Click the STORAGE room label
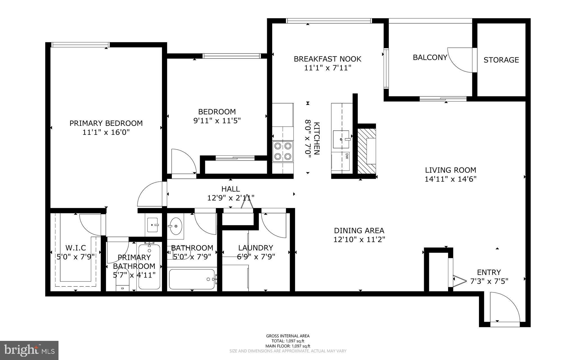tap(501, 60)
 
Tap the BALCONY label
tap(430, 57)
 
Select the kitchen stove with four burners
tap(283, 151)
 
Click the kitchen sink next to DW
tap(341, 139)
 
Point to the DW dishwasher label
tap(347, 156)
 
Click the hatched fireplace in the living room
tap(366, 151)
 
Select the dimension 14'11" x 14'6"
tap(450, 179)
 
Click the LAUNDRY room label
tap(255, 248)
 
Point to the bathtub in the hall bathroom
tap(192, 279)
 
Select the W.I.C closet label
tap(76, 248)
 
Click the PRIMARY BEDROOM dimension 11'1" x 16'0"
tap(106, 132)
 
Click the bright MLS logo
tap(29, 350)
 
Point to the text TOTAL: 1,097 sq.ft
tap(288, 341)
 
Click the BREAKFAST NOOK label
tap(327, 59)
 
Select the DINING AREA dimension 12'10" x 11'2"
tap(359, 240)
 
